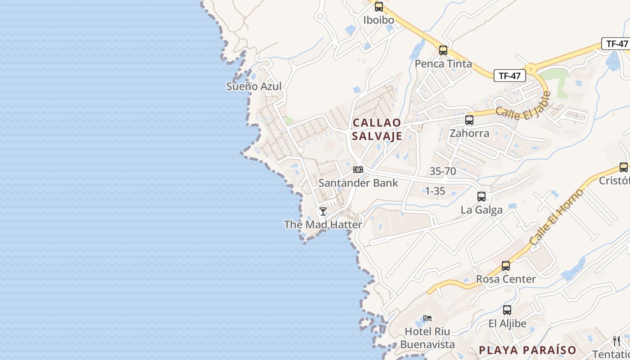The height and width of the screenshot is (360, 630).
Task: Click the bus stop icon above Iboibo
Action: point(379,7)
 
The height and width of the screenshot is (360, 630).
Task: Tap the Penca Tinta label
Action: point(443,64)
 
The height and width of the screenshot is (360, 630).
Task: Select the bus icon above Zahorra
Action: point(469,120)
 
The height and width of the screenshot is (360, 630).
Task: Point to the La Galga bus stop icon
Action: point(481,197)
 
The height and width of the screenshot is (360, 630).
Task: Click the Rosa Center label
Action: point(506,279)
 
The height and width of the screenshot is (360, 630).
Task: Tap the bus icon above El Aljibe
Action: point(507,310)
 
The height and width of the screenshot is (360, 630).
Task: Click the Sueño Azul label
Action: point(254,86)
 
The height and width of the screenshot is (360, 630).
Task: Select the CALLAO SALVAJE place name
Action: point(377,129)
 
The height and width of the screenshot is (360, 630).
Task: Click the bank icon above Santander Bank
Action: point(358,170)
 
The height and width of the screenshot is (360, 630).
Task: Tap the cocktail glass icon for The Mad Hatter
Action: point(323,211)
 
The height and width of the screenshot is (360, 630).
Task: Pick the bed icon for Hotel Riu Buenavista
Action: point(427,318)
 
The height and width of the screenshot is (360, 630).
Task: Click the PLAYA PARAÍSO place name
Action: point(527,350)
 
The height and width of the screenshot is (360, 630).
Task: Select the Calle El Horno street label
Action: point(556,217)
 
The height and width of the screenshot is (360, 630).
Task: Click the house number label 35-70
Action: point(443,171)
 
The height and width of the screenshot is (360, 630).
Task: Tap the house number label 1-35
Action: point(435,191)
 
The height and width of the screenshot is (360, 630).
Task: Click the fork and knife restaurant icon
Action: point(616,341)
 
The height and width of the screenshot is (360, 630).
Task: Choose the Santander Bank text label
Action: point(358,183)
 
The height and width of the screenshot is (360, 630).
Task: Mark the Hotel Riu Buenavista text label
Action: point(427,338)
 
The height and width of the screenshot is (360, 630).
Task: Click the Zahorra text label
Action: point(469,133)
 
